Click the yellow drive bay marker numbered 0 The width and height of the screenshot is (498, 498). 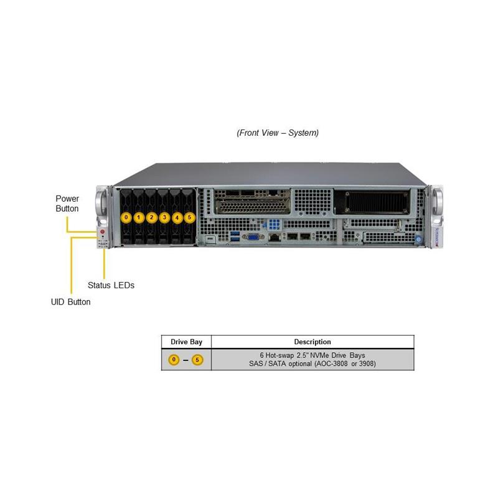pos(126,217)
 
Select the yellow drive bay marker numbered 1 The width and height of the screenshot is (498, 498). pos(139,217)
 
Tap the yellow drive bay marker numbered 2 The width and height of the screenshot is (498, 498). pos(151,217)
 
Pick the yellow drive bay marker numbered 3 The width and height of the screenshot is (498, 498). pos(164,217)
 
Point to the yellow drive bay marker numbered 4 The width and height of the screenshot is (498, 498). pos(177,217)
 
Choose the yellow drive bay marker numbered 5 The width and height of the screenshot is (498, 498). pos(190,217)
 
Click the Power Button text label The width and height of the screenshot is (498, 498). pos(67,204)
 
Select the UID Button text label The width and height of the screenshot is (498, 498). pos(70,302)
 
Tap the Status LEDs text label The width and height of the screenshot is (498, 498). pos(111,285)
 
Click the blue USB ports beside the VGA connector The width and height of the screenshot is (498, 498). pos(235,237)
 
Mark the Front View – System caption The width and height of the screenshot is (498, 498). pos(278,133)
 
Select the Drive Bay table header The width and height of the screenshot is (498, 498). pos(186,342)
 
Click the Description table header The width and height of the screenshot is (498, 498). pos(312,342)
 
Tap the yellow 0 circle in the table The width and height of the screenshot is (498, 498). pos(174,360)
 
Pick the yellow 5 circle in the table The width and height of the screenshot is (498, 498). pos(197,360)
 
